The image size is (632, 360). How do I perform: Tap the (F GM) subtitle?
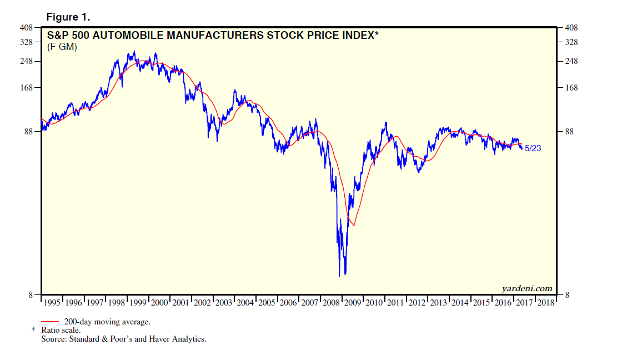tap(62, 48)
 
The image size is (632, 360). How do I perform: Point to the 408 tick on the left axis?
tap(28, 27)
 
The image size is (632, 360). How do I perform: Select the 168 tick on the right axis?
tap(571, 88)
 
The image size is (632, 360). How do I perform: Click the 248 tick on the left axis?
tap(28, 61)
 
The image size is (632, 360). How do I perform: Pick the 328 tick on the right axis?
tap(571, 42)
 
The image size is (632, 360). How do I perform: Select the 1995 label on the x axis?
tap(52, 303)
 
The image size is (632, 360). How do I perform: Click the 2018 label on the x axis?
tap(546, 303)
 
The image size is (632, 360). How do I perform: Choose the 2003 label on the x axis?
tap(224, 303)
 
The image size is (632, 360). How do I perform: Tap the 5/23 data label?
tap(532, 148)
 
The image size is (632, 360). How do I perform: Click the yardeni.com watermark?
tap(526, 288)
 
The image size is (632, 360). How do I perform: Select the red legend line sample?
tap(51, 321)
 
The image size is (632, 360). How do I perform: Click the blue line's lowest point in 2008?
tap(339, 276)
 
